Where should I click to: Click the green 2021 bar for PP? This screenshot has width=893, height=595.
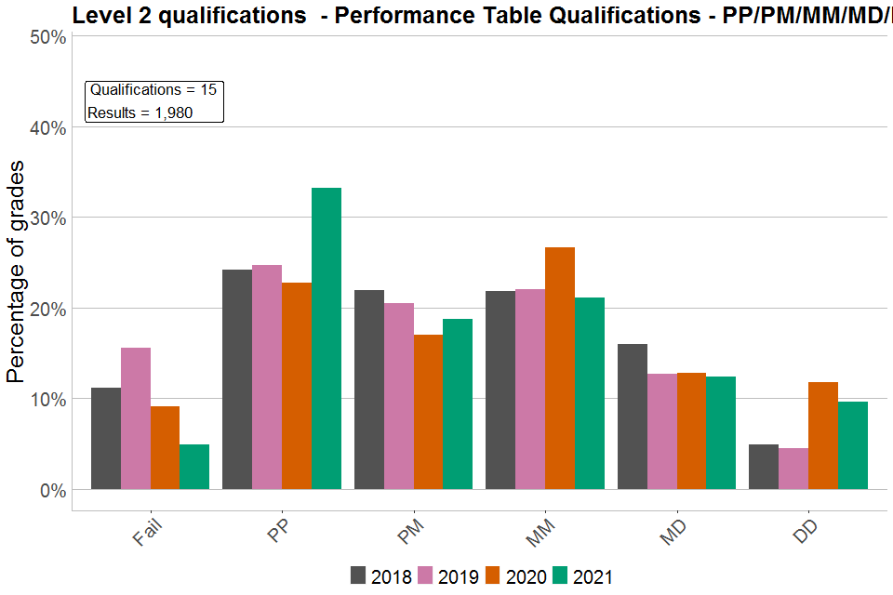tap(327, 338)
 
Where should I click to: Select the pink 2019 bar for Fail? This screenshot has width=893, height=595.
tap(136, 418)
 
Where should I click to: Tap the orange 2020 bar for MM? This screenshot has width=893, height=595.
tap(560, 368)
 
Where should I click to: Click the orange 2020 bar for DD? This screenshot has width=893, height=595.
tap(823, 435)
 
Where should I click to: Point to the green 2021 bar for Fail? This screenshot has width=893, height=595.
tap(194, 467)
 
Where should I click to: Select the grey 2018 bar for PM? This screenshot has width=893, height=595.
tap(369, 390)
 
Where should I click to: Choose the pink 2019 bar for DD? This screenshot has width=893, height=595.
tap(793, 469)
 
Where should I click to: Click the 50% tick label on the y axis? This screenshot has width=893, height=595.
tap(47, 37)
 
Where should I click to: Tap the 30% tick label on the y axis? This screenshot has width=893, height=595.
tap(47, 218)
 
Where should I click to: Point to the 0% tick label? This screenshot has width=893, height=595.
tap(51, 490)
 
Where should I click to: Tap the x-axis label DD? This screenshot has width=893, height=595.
tap(807, 533)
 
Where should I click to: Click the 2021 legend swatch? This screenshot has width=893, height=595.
tap(561, 575)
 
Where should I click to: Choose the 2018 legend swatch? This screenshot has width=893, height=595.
tap(359, 575)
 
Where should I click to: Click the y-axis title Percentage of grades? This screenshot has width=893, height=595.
tap(16, 271)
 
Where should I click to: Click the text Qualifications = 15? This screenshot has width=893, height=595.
tap(153, 90)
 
